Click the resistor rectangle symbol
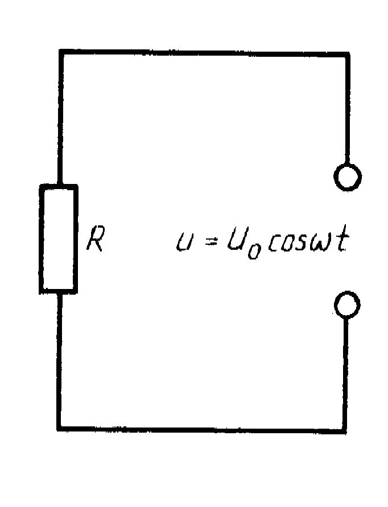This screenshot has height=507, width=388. point(58,239)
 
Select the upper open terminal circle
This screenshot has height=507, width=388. point(346,177)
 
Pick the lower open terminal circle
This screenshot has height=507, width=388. point(346,304)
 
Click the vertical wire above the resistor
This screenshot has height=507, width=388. point(60,119)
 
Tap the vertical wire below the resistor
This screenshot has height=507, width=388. point(59,361)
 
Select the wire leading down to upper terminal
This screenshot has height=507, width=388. point(346,108)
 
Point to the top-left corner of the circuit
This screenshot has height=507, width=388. point(60,53)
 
